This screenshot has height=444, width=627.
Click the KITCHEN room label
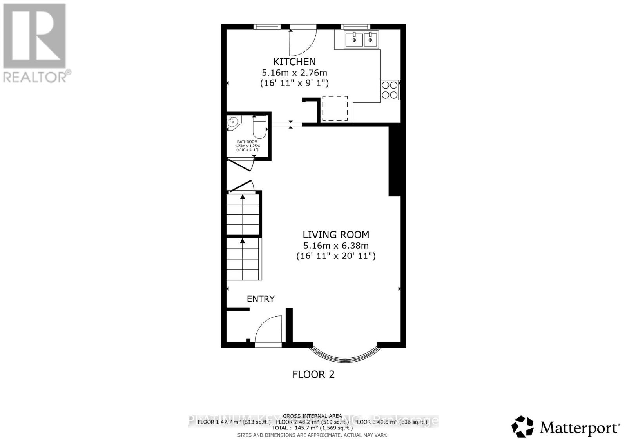294,62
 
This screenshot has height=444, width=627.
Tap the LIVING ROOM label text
336,235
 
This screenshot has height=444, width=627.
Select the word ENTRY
261,299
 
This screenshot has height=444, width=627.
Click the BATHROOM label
247,142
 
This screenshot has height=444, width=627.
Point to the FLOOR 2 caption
313,374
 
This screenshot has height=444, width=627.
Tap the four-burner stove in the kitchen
390,90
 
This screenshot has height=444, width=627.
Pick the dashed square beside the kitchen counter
335,109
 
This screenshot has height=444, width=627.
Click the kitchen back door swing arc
303,42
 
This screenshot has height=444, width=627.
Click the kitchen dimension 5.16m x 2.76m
294,73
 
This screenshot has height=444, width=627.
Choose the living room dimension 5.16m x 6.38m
336,246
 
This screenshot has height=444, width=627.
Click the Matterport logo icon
522,426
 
